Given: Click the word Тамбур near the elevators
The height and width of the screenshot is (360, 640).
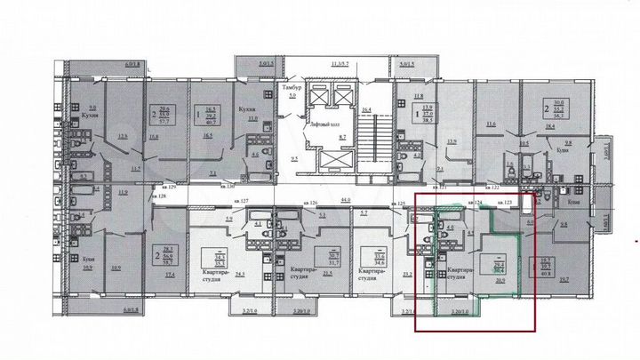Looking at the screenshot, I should [x=292, y=89].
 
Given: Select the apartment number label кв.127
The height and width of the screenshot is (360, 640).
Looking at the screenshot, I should [x=238, y=200].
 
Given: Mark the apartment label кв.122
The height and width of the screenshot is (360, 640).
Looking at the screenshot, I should [x=489, y=188].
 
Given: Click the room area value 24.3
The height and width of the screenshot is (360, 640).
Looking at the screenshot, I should [x=240, y=275].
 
